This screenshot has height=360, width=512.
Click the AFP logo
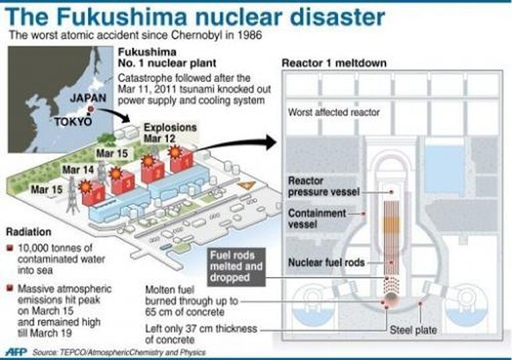(17, 352)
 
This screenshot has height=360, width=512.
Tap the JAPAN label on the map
(88, 98)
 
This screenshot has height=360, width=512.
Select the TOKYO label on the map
(73, 121)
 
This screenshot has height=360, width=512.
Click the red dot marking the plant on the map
(91, 109)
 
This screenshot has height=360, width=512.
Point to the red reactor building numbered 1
(181, 161)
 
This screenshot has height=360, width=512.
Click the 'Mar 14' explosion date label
(78, 170)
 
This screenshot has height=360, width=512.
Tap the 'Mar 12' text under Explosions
(160, 138)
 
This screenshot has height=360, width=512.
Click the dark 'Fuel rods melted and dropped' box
(237, 267)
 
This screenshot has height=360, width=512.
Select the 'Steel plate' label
(413, 330)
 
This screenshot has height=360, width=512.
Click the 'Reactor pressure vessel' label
(324, 187)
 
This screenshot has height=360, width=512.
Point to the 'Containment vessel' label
(317, 219)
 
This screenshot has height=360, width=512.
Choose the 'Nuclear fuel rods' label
(326, 262)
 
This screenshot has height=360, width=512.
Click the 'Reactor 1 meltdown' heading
(334, 63)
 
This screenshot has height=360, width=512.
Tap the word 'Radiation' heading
(29, 232)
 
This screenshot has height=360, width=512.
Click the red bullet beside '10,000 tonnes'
(10, 248)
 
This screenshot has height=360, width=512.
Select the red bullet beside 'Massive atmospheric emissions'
(10, 288)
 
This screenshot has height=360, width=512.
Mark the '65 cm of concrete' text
(185, 312)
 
